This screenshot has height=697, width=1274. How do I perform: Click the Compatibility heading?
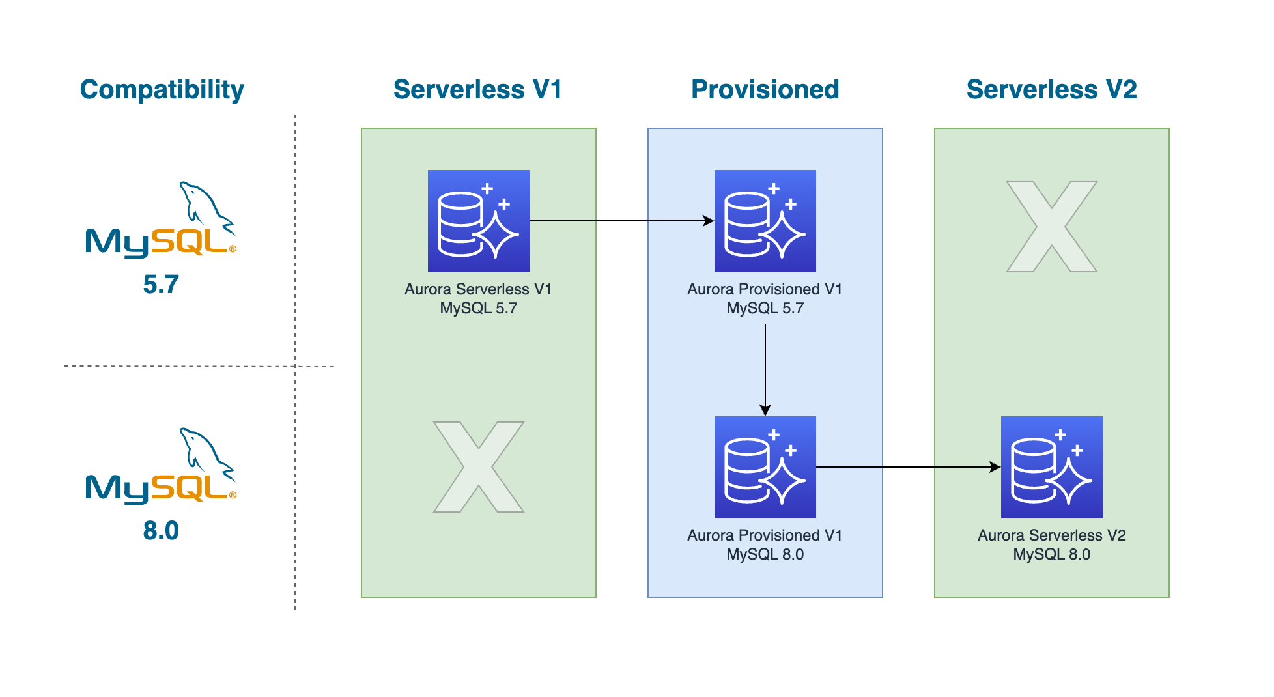click(x=162, y=90)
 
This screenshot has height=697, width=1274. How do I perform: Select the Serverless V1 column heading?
click(x=477, y=90)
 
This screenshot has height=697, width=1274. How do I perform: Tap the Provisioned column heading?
click(x=765, y=90)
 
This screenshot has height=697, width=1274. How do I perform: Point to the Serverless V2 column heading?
click(x=1051, y=90)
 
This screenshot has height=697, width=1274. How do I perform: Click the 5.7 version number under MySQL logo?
click(x=161, y=285)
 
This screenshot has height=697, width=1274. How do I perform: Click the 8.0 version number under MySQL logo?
click(x=161, y=531)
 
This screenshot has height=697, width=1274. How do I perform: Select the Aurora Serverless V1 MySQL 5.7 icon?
click(x=478, y=221)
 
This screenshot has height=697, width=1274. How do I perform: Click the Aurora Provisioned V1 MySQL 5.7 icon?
click(x=765, y=221)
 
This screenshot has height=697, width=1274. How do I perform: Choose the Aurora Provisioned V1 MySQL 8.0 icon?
click(x=765, y=467)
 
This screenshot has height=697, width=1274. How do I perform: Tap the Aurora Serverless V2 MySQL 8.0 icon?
click(x=1051, y=467)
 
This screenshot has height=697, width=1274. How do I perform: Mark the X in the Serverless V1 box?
click(x=478, y=467)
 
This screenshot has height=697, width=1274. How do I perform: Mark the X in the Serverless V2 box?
click(x=1051, y=227)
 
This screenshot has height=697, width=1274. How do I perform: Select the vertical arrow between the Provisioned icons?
click(x=765, y=368)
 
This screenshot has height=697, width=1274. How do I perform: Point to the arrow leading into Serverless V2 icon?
click(x=909, y=467)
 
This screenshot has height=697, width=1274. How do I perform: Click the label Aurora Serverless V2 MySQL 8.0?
click(x=1051, y=545)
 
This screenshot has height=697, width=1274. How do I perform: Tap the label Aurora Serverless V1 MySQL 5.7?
click(x=478, y=298)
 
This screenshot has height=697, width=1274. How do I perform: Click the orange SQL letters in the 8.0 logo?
click(x=189, y=488)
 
